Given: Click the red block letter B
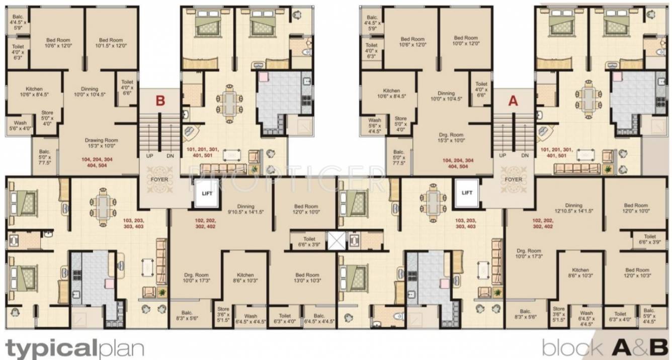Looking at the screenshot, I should pos(160,101).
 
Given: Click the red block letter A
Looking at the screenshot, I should pos(513,101).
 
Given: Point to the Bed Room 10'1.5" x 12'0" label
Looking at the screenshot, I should pos(111,43).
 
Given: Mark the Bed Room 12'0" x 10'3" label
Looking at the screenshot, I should pos(636,273).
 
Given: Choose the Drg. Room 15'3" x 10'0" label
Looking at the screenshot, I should pos(450,138).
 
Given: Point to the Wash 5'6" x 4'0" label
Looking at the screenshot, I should pos(19,125).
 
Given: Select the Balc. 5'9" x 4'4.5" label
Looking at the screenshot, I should pos(648,315).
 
